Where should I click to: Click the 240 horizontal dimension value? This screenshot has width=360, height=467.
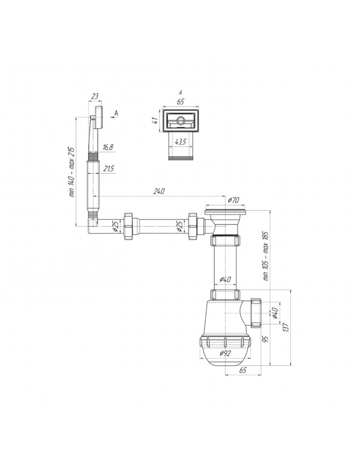tap(159, 191)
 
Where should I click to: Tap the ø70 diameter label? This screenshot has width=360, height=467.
tap(233, 200)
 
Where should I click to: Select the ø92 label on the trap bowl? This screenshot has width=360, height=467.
tap(225, 354)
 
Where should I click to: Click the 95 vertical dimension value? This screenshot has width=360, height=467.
tap(266, 339)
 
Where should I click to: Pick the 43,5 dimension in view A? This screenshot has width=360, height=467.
tap(180, 142)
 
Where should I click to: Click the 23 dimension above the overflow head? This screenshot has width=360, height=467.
tap(95, 96)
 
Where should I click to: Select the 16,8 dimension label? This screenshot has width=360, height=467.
tap(107, 148)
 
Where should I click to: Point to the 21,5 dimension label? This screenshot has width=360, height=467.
tap(108, 169)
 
